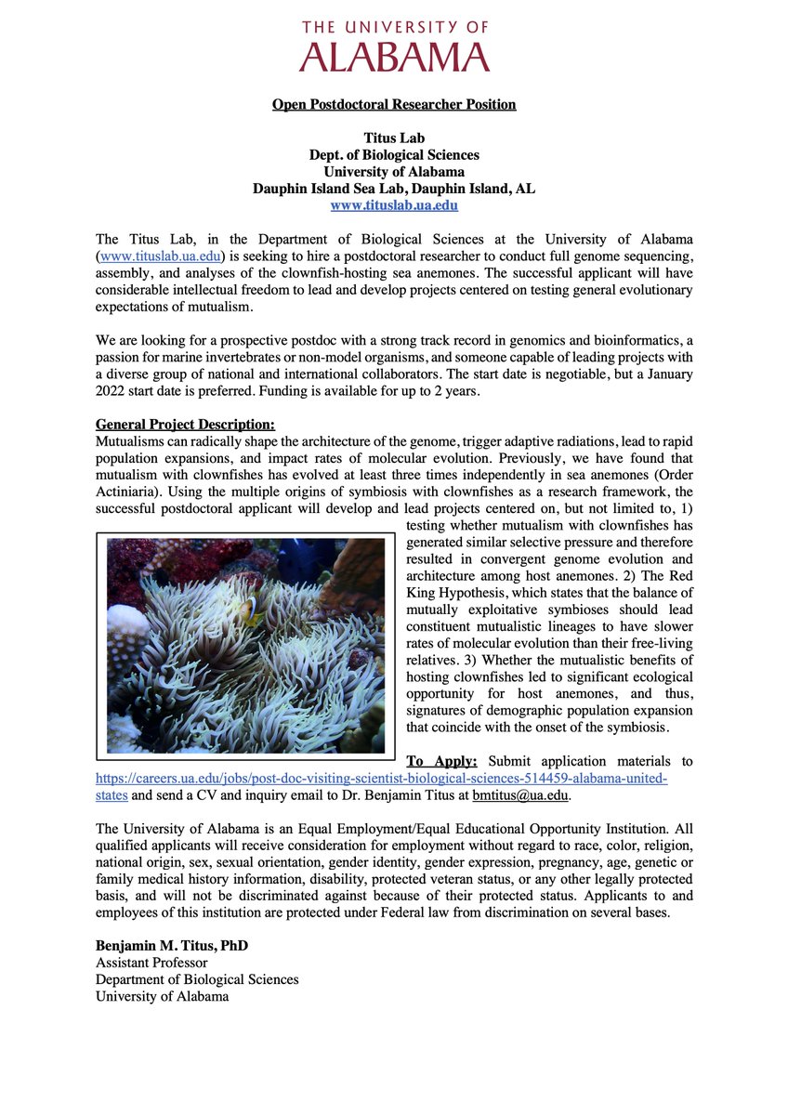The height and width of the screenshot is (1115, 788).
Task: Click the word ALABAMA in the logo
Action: [x=394, y=57]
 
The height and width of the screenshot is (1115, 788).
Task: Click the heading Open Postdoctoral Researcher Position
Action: [x=394, y=104]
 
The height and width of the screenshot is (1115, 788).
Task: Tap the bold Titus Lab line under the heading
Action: [x=394, y=138]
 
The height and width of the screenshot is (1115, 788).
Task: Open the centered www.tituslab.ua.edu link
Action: [x=394, y=204]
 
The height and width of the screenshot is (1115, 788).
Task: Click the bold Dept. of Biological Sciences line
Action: [x=394, y=154]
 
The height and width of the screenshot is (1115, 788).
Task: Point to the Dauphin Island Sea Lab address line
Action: [x=394, y=188]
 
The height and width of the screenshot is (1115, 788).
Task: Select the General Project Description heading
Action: [x=185, y=424]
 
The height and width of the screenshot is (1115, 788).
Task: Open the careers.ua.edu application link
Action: [x=381, y=779]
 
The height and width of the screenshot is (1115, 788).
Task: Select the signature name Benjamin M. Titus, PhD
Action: [x=172, y=946]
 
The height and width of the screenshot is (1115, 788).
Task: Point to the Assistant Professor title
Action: [x=151, y=963]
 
